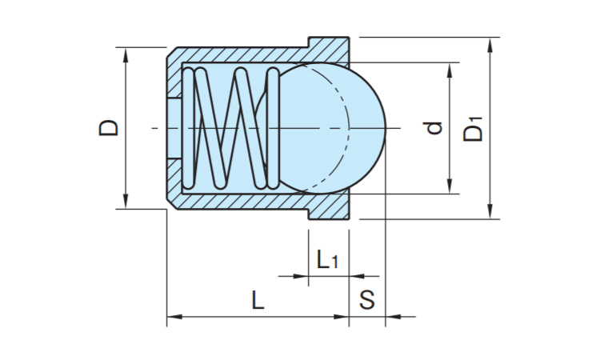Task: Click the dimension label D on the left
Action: (109, 127)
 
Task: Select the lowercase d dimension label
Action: (434, 127)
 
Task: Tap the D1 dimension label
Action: (474, 129)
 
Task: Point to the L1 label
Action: (327, 259)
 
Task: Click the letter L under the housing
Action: (257, 300)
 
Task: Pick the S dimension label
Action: (367, 300)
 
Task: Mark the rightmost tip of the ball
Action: (386, 127)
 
